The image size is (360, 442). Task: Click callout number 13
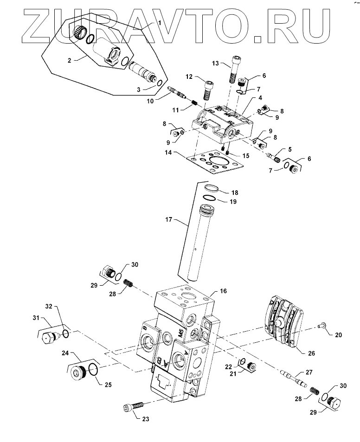pyautogui.click(x=215, y=63)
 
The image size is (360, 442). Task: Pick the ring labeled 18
pyautogui.click(x=211, y=189)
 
